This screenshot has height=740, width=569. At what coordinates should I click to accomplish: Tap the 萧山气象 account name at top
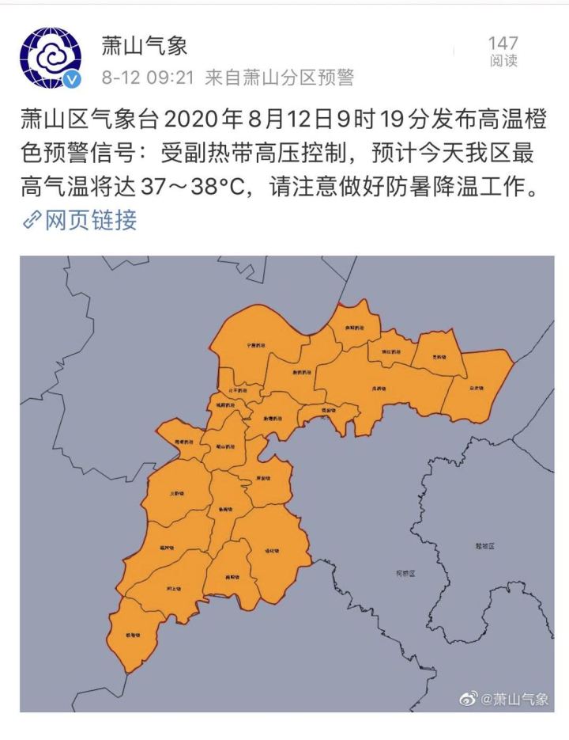tap(145, 45)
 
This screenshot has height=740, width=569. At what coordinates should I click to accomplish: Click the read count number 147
tap(503, 43)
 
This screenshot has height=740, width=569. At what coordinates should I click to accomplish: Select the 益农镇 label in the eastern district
tap(475, 389)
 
